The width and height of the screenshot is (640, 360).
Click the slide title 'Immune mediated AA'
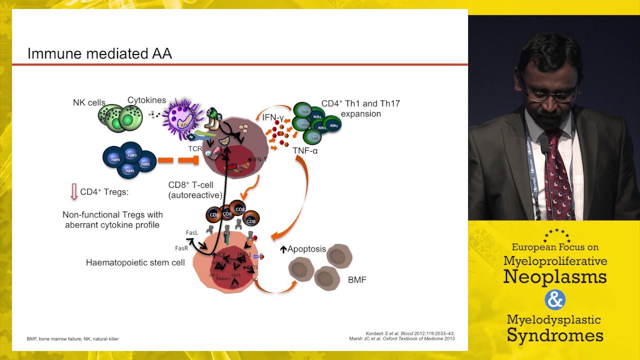pyautogui.click(x=99, y=53)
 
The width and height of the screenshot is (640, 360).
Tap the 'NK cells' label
pyautogui.click(x=89, y=103)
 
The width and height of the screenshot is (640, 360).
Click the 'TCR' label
pyautogui.click(x=194, y=149)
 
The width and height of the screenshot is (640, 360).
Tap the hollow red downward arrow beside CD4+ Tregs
pyautogui.click(x=73, y=191)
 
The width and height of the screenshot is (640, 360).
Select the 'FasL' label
pyautogui.click(x=192, y=233)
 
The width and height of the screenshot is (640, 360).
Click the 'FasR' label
pyautogui.click(x=181, y=248)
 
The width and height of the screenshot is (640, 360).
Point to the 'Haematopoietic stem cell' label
pyautogui.click(x=135, y=262)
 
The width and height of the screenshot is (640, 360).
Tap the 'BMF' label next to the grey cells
pyautogui.click(x=357, y=280)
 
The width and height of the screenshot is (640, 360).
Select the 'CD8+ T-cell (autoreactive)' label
pyautogui.click(x=191, y=190)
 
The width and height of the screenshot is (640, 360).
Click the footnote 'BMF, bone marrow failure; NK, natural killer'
pyautogui.click(x=72, y=338)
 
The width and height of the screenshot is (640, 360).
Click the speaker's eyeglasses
pyautogui.click(x=550, y=94)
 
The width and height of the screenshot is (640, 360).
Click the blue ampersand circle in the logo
pyautogui.click(x=554, y=300)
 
